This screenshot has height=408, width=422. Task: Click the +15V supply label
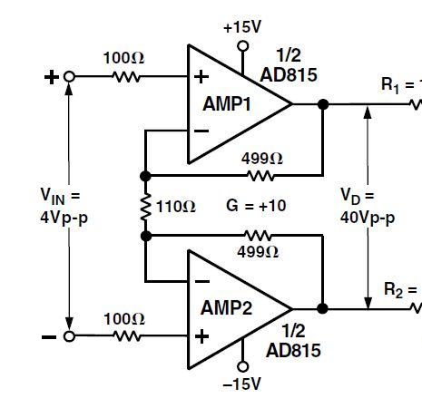242,27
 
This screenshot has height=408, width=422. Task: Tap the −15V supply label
241,384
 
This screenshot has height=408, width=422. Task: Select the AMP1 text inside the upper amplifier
227,104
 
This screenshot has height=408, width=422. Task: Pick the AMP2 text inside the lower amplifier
226,308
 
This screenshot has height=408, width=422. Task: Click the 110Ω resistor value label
176,207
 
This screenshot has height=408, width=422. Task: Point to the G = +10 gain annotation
256,206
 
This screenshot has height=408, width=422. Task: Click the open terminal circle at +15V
243,46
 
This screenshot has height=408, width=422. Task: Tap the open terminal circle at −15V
242,366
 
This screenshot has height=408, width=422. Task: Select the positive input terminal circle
69,77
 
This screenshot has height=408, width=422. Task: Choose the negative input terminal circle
69,336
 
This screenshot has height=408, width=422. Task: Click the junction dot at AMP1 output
323,104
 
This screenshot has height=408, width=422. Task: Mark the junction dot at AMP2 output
322,308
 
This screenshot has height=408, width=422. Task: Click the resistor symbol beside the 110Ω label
146,207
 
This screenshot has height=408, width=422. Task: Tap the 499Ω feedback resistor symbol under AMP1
260,176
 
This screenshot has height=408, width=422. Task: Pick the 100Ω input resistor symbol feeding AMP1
126,77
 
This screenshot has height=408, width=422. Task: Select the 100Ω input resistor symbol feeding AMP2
127,336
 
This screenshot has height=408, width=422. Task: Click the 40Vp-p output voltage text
368,218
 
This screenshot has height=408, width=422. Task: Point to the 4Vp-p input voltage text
64,218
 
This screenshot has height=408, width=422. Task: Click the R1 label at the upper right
390,85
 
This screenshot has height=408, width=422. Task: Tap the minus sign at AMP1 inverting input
201,131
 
